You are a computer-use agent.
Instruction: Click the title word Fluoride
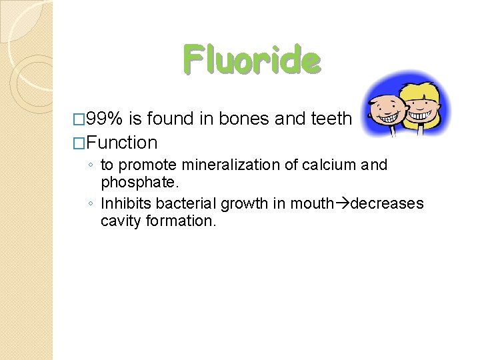(252, 60)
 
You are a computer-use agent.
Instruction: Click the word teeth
(331, 119)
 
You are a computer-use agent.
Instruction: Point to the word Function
(121, 142)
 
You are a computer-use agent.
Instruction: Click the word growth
(241, 203)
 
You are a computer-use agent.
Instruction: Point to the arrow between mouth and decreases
(341, 203)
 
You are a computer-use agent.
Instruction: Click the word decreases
(387, 203)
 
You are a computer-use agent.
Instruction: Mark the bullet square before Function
(80, 143)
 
